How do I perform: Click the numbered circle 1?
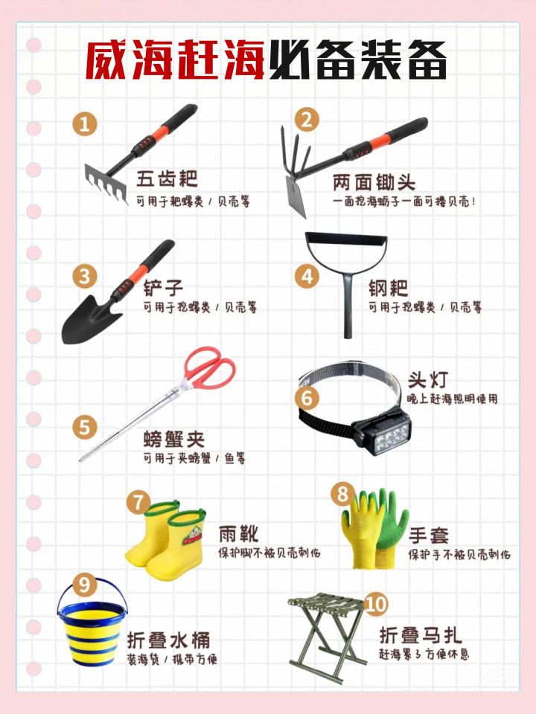point(85,123)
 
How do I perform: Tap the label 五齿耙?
point(167,178)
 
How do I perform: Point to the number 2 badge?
point(307,119)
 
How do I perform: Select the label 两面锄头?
point(374,183)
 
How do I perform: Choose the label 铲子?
point(163,288)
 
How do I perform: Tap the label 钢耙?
point(389,288)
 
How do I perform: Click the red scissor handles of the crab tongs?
point(211,367)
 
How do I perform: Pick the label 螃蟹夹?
point(174,440)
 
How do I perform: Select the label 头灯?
point(428,379)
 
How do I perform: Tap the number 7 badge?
point(138,502)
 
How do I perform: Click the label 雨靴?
point(239,534)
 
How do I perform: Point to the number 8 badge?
point(342,494)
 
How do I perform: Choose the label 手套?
point(429,535)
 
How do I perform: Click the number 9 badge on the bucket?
point(84,585)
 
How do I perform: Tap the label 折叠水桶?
point(169,640)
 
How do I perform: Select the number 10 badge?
point(376,604)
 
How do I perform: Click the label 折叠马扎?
point(421,634)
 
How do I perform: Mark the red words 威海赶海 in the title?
point(176,59)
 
